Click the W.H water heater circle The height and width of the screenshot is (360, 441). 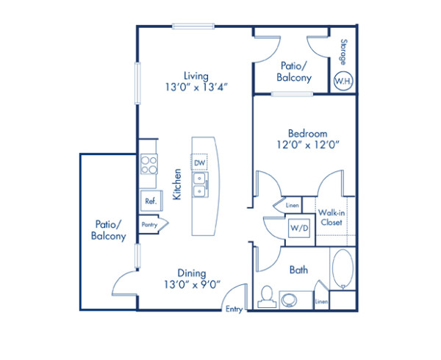343,81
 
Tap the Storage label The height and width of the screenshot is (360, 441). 343,51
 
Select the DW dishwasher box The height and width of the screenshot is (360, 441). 200,162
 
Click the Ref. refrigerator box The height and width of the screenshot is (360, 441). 150,201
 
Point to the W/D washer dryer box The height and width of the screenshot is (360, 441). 299,228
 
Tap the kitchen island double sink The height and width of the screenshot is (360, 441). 200,185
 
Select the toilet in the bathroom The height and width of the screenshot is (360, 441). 267,295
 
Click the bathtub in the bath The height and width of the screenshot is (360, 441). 343,270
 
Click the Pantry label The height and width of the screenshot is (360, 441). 150,225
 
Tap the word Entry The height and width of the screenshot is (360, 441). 234,309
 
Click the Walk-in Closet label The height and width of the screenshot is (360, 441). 332,217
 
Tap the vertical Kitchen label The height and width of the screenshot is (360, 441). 177,184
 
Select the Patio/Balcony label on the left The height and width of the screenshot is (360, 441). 108,231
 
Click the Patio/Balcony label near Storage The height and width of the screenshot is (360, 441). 294,71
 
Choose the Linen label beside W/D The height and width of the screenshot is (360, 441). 293,206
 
